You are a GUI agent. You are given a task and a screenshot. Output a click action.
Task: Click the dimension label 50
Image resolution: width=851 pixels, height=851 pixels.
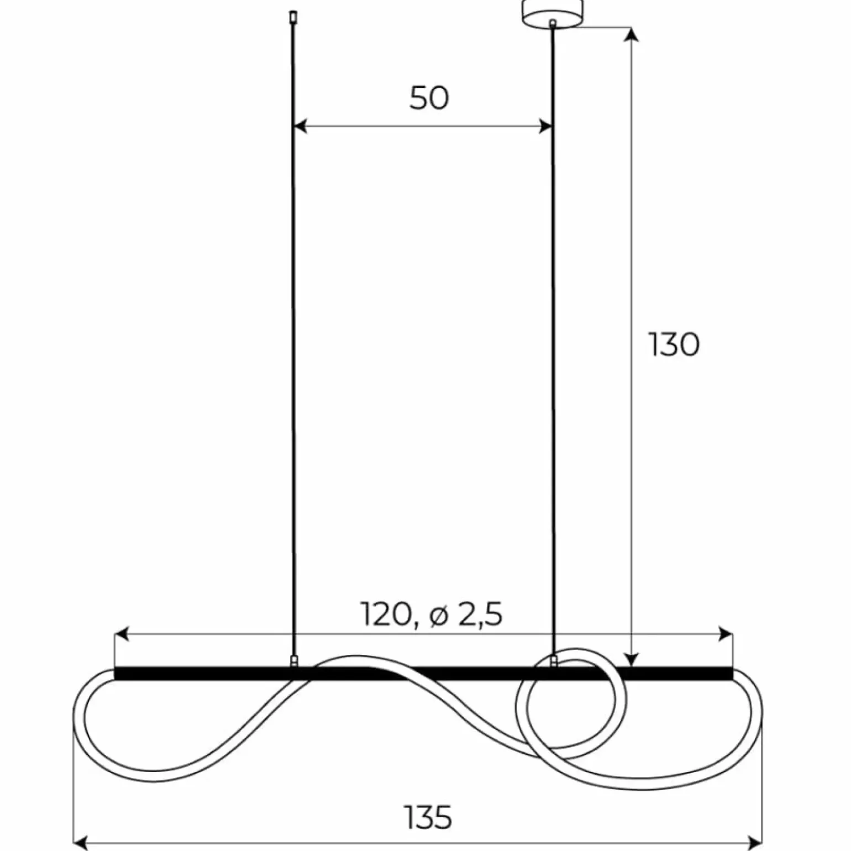click(429, 98)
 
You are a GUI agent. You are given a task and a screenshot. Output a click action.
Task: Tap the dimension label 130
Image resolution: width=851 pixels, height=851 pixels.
click(674, 345)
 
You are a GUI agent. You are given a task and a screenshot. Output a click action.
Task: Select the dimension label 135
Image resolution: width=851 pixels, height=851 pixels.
click(428, 817)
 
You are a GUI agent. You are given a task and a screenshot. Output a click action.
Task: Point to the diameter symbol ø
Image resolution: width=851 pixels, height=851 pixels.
click(438, 616)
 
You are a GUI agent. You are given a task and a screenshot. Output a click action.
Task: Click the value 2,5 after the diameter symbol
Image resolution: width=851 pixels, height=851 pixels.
click(480, 614)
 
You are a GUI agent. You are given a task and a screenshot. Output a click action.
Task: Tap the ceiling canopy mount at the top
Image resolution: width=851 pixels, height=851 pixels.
click(552, 12)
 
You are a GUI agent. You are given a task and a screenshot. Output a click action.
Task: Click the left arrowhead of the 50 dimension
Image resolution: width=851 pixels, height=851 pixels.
click(300, 127)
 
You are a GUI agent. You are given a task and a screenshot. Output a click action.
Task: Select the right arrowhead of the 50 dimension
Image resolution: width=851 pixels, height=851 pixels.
click(545, 127)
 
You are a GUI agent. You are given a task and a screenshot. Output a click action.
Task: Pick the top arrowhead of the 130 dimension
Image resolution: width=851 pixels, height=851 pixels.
click(632, 34)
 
